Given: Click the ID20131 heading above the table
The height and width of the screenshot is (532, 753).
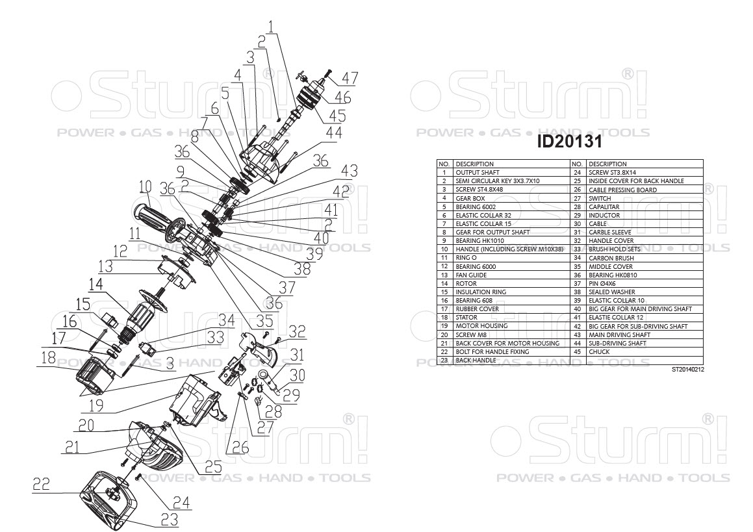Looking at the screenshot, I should pyautogui.click(x=569, y=141).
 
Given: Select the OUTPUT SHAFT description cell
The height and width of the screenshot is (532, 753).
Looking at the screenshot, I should pyautogui.click(x=474, y=173).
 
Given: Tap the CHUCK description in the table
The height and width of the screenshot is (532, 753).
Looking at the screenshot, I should pyautogui.click(x=600, y=351).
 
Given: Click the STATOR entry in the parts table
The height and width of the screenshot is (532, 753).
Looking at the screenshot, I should pyautogui.click(x=467, y=318).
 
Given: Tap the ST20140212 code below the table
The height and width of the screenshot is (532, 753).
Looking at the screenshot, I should pyautogui.click(x=687, y=369).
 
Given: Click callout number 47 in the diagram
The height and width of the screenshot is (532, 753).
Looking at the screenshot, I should pyautogui.click(x=350, y=78).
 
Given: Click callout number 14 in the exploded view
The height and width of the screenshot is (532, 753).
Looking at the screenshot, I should pyautogui.click(x=96, y=285).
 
